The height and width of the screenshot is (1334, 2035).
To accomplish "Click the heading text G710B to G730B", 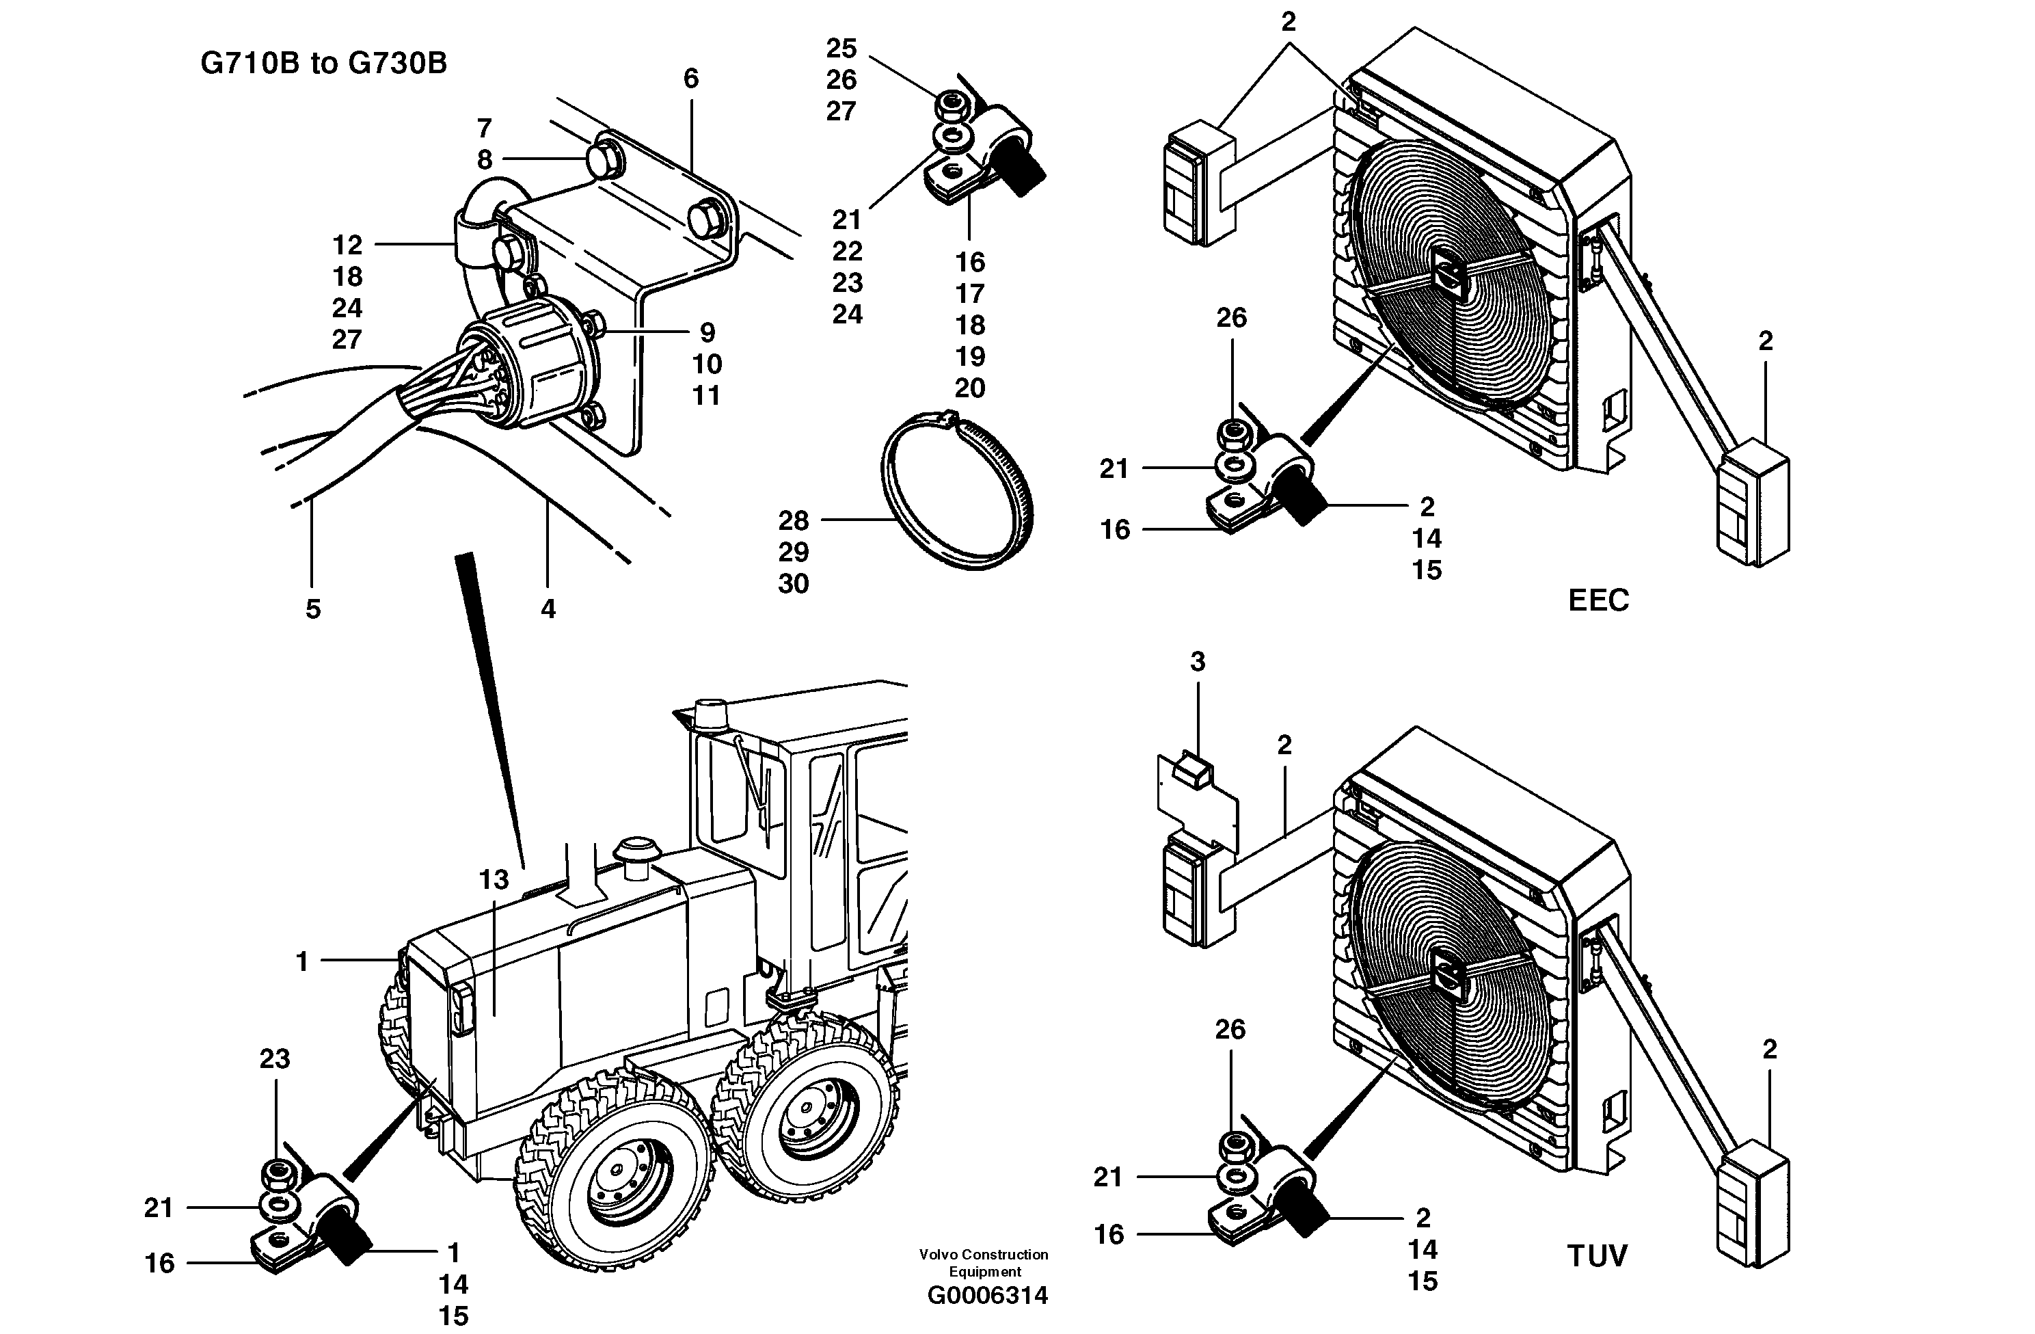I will pyautogui.click(x=323, y=64).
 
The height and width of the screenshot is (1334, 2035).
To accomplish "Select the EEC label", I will pyautogui.click(x=1598, y=600).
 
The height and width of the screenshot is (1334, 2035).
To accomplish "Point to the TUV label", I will pyautogui.click(x=1596, y=1256).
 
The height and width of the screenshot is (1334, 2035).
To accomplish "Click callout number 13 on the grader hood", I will pyautogui.click(x=494, y=879).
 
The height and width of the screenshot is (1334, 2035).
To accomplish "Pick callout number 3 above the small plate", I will pyautogui.click(x=1197, y=661).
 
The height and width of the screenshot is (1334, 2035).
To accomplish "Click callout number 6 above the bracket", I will pyautogui.click(x=691, y=79).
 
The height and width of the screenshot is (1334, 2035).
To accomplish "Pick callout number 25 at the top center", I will pyautogui.click(x=841, y=48).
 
